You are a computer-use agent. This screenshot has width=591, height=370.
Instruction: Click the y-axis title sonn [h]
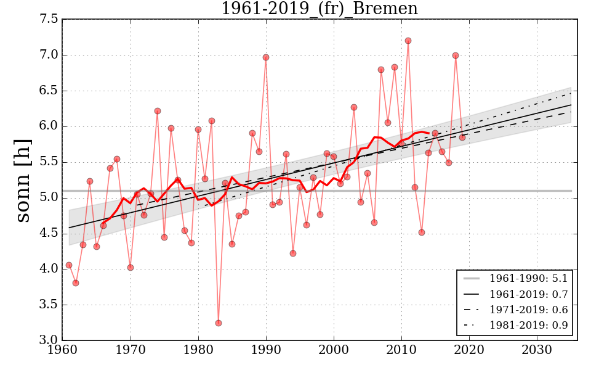(23, 179)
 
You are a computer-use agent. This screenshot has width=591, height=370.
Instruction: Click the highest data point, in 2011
(408, 41)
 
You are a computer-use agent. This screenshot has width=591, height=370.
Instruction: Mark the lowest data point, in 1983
(219, 323)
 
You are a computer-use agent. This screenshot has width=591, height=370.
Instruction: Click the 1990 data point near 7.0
(266, 57)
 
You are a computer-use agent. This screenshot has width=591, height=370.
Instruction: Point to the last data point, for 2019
(462, 138)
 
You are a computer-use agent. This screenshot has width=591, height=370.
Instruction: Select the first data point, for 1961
(69, 265)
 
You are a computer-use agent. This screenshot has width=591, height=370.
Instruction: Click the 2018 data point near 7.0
(456, 55)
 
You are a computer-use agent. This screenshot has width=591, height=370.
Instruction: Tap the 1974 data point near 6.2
(158, 111)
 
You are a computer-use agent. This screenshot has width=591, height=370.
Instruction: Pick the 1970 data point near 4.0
(131, 268)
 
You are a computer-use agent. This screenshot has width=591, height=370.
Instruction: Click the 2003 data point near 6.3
(354, 107)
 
